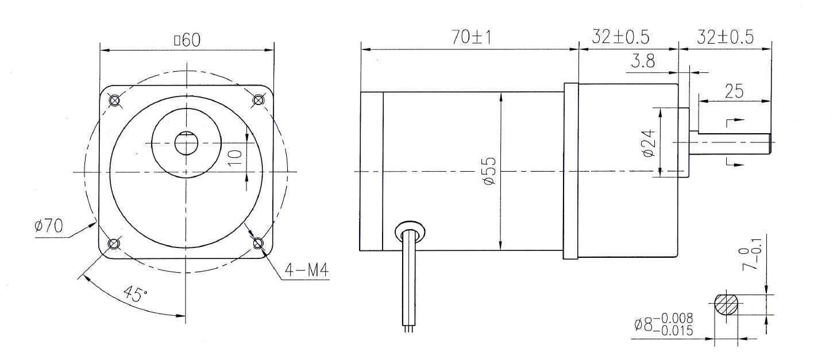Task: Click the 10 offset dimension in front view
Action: [233, 156]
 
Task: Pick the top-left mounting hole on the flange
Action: [114, 100]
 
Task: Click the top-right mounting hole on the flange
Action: [258, 100]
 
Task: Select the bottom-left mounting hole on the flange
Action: [114, 243]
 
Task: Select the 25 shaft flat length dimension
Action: [734, 91]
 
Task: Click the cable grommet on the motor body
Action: [410, 233]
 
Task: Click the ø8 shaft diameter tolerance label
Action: [664, 324]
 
